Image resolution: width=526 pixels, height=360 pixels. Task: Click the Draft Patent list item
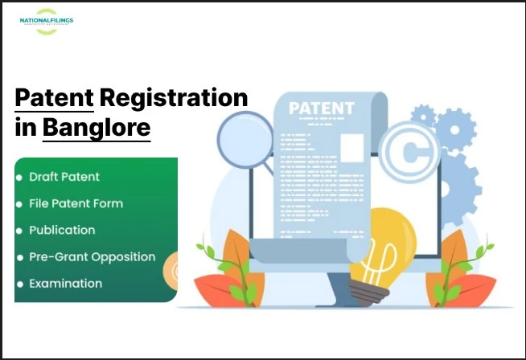click(64, 177)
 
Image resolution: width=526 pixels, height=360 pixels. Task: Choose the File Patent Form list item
click(76, 203)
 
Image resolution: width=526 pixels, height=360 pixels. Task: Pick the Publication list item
click(62, 230)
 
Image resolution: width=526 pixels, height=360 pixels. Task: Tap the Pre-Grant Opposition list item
click(92, 257)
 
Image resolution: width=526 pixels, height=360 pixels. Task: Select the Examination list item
click(65, 284)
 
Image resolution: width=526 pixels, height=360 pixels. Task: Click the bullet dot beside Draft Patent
click(19, 177)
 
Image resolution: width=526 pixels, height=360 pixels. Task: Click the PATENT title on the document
click(322, 108)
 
